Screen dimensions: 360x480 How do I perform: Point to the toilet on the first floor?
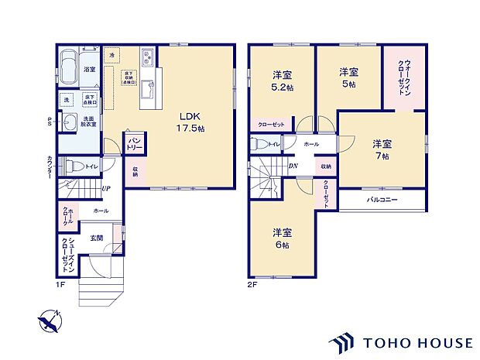(x=73, y=165)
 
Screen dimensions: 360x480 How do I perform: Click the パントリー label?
(x=133, y=142)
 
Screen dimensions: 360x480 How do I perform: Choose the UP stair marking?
(x=105, y=188)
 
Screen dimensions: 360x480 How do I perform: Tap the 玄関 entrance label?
(x=94, y=238)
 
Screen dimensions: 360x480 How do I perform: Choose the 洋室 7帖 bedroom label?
(x=381, y=149)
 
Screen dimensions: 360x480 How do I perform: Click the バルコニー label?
(x=382, y=201)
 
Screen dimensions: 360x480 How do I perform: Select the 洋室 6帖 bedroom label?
(x=281, y=238)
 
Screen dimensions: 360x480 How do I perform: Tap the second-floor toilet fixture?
(x=257, y=143)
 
